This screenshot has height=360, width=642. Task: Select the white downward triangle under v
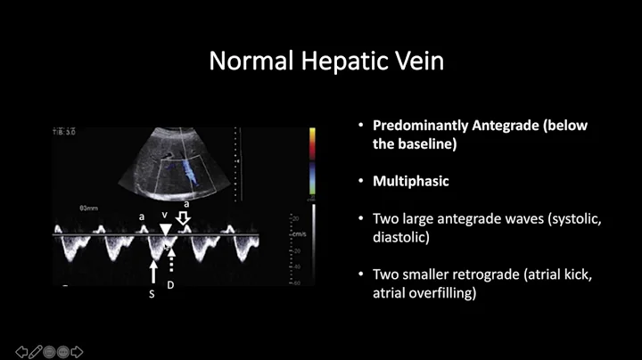click(166, 232)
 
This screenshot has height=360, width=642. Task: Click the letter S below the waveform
click(152, 293)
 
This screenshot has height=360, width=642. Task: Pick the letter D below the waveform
click(171, 285)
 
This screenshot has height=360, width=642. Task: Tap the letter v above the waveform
click(165, 215)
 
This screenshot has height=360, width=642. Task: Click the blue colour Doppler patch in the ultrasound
click(190, 169)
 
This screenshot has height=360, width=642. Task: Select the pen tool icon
click(36, 351)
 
